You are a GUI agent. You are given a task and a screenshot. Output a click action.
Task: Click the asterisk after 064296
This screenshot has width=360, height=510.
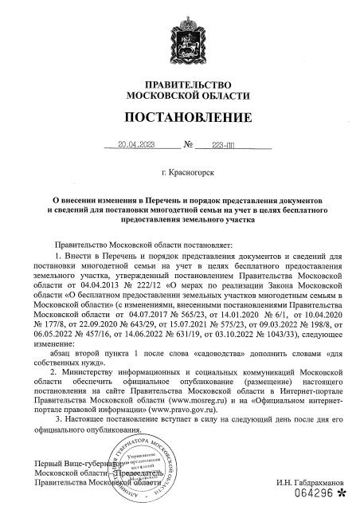pyautogui.click(x=342, y=494)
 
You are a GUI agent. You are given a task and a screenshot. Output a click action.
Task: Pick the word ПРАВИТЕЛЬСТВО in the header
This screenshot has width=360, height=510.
pyautogui.click(x=180, y=84)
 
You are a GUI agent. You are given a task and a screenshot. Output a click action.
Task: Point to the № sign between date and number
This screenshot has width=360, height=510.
pyautogui.click(x=189, y=146)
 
